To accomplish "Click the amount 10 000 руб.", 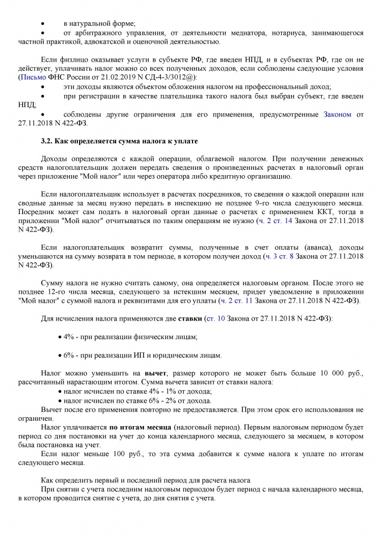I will click(x=339, y=373).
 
